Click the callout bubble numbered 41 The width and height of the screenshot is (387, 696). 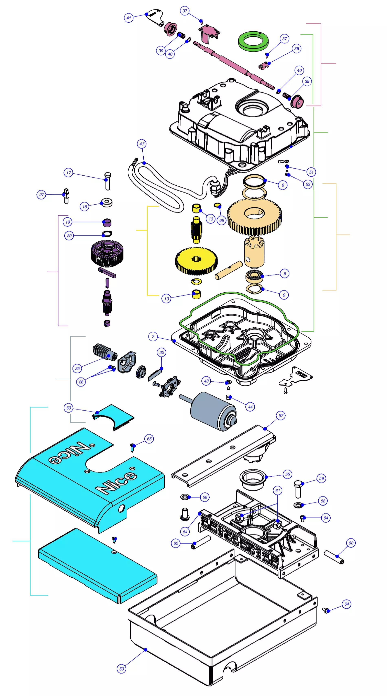coord(129,18)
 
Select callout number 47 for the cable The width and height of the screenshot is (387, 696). coord(142,144)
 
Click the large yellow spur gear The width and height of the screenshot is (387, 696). coord(196,261)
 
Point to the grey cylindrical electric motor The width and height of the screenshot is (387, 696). coord(213,411)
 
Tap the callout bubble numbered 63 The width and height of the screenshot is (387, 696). coord(69,408)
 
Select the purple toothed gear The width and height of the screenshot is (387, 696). coord(107,253)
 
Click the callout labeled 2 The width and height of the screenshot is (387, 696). coord(153,336)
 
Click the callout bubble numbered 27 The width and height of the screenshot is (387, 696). coord(41,195)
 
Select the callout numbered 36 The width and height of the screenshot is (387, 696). coord(297,49)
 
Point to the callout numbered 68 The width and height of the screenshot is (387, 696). coord(221,220)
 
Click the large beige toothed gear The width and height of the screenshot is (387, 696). coord(254,216)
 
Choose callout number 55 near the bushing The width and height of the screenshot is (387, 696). coord(288,474)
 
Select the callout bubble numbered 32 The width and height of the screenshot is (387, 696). coord(162,352)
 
